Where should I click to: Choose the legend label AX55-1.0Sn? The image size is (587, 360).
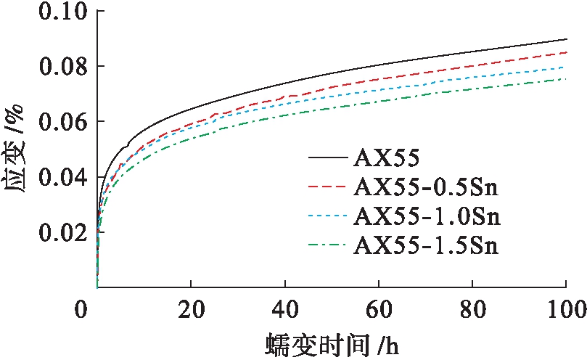tap(427, 217)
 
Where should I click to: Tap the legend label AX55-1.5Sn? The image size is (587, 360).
tap(427, 245)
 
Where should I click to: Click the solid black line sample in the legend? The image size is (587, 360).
tap(327, 157)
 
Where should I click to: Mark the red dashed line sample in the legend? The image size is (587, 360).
tap(327, 187)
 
